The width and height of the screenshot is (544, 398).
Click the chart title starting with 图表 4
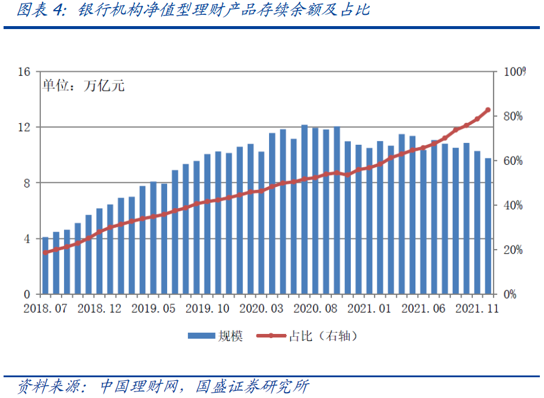tap(193, 11)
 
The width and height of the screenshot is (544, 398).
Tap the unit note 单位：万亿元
tap(83, 86)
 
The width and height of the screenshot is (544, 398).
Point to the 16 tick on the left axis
tap(25, 72)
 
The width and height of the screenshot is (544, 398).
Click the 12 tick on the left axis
tap(25, 128)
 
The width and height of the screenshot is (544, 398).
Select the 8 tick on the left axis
tap(27, 183)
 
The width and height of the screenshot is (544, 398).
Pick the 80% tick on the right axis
tap(513, 116)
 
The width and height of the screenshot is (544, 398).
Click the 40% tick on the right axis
tap(513, 205)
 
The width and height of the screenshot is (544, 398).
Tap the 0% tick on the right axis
tap(510, 294)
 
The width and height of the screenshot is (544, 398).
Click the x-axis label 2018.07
tap(45, 308)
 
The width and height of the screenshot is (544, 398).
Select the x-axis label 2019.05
tap(153, 308)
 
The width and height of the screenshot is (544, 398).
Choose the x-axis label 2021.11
tap(478, 308)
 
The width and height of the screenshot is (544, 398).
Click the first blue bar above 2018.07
tap(45, 266)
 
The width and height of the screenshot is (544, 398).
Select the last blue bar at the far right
tap(488, 226)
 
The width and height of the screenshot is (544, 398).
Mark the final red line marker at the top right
tap(488, 110)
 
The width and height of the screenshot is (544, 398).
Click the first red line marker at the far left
tap(45, 253)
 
